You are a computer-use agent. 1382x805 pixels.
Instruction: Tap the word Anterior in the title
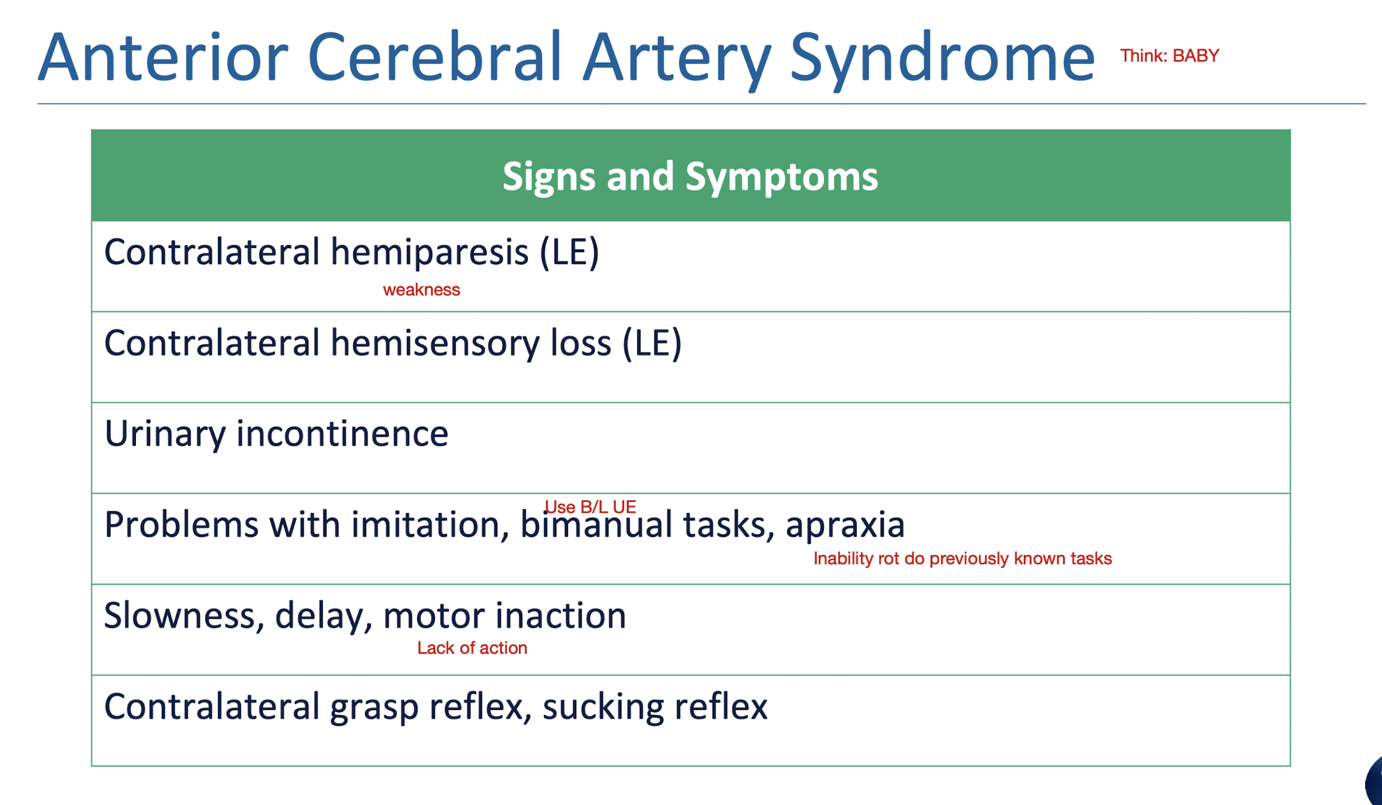click(x=163, y=57)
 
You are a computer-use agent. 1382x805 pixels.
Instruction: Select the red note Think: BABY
click(x=1170, y=56)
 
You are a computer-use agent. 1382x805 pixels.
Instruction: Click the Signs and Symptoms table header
click(x=690, y=176)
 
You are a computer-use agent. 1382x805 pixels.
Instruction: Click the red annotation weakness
click(x=422, y=290)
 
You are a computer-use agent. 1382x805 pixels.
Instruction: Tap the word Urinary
click(x=165, y=434)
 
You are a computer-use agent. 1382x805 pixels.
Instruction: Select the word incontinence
click(x=342, y=434)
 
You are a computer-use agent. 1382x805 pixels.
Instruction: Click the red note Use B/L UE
click(x=590, y=507)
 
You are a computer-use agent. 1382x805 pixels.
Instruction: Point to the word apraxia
click(x=845, y=525)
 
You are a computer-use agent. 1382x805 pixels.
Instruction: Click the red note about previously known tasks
click(x=962, y=558)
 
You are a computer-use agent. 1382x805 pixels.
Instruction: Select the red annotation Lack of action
click(x=472, y=648)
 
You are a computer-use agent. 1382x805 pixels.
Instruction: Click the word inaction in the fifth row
click(x=561, y=616)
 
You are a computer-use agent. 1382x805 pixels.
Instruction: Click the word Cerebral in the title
click(x=435, y=57)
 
